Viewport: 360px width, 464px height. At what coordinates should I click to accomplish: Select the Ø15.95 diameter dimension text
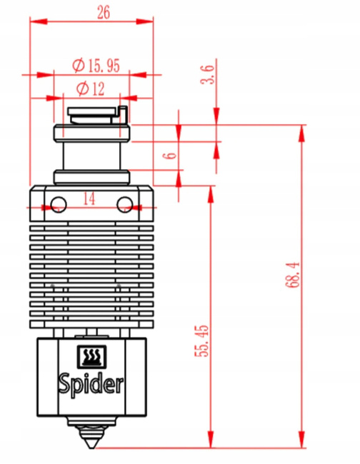(96, 66)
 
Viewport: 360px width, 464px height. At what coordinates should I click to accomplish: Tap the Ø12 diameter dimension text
(89, 89)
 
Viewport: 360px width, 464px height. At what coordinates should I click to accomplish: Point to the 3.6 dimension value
(208, 75)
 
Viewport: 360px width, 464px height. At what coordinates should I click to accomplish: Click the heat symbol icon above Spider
(90, 356)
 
